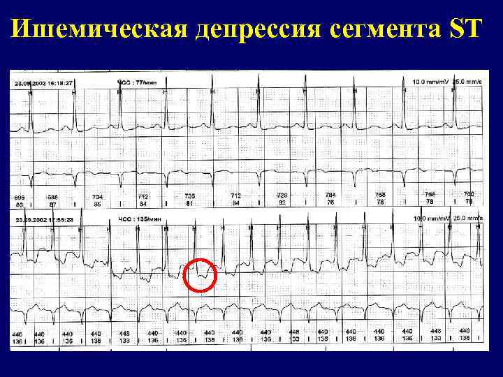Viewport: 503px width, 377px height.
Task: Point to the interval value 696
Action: click(x=20, y=198)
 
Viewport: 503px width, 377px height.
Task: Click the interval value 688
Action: click(x=53, y=198)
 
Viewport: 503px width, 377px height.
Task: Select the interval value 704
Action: click(x=97, y=197)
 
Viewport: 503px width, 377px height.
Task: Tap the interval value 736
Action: click(x=189, y=196)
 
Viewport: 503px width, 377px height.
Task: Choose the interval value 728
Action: click(x=282, y=195)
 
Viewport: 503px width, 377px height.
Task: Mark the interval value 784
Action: click(x=330, y=195)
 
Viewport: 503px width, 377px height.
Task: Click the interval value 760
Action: click(x=469, y=194)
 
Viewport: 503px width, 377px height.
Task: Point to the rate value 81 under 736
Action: click(x=189, y=203)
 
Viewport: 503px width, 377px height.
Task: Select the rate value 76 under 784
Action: click(x=330, y=202)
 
